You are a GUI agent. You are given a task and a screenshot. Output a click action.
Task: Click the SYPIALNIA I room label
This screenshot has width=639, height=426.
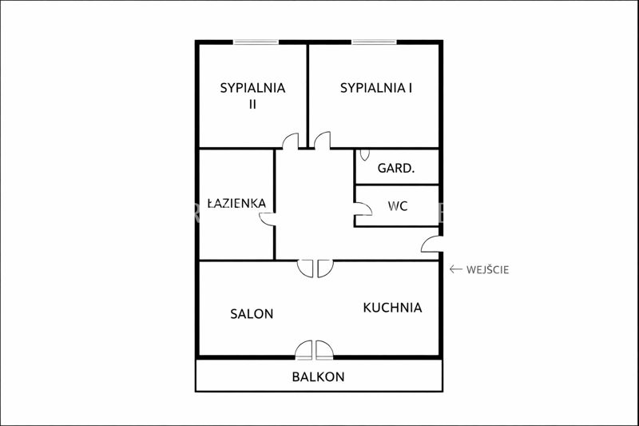point(375,88)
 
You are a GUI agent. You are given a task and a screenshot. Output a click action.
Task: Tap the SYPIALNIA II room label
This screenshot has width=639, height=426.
point(252,96)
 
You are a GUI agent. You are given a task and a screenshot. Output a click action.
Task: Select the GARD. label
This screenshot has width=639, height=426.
point(395,168)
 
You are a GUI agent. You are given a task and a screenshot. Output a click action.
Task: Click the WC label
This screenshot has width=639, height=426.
point(398,206)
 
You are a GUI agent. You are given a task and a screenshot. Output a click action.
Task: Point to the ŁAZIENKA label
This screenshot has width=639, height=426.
point(236,202)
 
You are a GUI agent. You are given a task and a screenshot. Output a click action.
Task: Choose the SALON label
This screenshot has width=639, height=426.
point(252,314)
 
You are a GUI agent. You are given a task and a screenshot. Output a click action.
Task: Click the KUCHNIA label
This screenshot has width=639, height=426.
point(392,308)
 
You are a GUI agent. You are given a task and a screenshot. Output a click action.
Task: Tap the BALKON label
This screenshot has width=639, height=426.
point(318,376)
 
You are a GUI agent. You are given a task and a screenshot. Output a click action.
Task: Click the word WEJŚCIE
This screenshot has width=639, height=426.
point(488,270)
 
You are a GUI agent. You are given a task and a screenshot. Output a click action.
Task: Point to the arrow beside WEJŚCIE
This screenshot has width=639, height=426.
point(455,269)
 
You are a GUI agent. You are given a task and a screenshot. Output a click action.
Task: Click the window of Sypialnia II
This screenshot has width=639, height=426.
point(256,42)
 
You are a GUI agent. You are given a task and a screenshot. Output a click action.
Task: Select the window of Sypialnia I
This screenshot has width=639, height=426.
point(374,42)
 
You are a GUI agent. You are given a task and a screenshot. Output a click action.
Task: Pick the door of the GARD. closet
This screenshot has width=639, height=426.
point(365,155)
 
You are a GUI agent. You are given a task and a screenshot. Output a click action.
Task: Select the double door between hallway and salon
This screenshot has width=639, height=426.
point(316,269)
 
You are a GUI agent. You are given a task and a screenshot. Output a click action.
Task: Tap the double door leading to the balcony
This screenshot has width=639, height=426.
point(314,351)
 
